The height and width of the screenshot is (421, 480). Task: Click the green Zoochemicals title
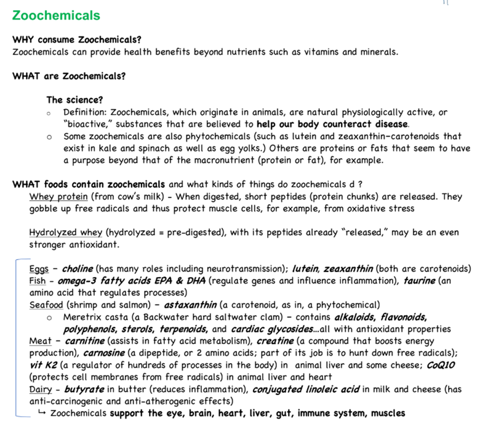tap(56, 15)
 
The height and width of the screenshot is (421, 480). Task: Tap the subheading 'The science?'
tap(74, 100)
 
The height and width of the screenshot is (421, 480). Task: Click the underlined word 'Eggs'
tap(39, 269)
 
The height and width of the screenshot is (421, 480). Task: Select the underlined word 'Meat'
tap(40, 341)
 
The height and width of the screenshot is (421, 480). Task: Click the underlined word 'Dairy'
tap(41, 389)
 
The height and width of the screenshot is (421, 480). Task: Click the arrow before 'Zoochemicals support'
tap(41, 412)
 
